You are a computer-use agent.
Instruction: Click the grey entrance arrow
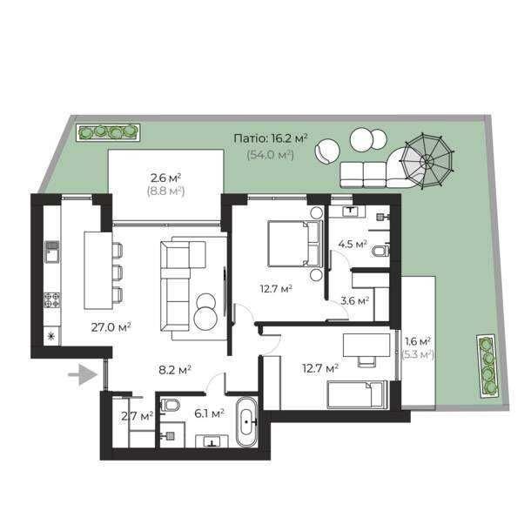(84, 374)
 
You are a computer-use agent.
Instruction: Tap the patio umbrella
(427, 160)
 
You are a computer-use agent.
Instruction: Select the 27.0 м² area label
(111, 327)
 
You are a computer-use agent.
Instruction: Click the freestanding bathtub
(246, 422)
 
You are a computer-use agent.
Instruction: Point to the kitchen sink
(52, 252)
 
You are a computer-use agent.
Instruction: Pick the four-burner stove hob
(52, 300)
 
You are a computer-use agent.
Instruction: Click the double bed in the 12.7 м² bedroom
(294, 244)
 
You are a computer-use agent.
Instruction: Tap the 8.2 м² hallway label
(175, 370)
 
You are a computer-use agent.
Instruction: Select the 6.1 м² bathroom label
(209, 413)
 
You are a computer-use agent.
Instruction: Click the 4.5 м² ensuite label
(353, 244)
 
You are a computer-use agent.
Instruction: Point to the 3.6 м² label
(354, 300)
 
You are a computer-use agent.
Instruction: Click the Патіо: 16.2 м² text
(271, 139)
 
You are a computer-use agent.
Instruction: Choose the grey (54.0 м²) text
(270, 155)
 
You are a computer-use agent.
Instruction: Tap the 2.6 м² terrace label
(165, 178)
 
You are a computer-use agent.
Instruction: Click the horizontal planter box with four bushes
(108, 131)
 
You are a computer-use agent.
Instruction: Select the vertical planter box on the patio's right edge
(488, 366)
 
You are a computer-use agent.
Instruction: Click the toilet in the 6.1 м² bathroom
(171, 404)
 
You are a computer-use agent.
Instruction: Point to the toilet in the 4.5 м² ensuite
(381, 251)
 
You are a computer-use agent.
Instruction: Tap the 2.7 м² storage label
(138, 415)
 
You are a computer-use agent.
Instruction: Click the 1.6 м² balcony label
(418, 341)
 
